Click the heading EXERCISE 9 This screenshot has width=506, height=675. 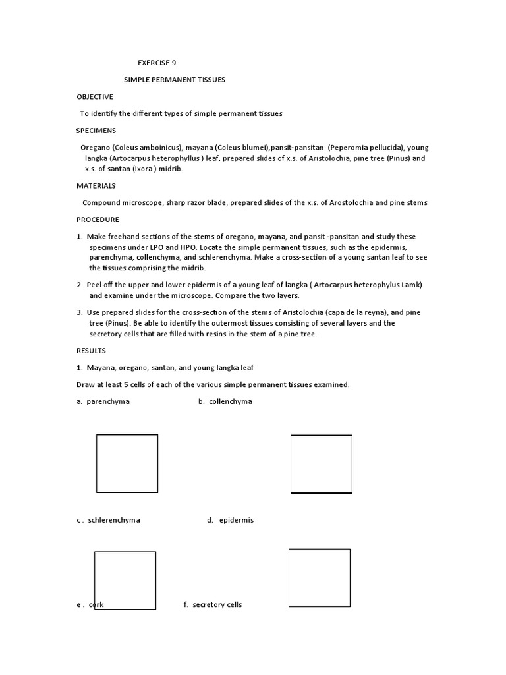[157, 63]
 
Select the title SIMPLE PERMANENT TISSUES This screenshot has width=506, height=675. [175, 80]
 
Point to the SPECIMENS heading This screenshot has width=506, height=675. [96, 131]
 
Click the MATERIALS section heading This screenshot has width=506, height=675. [96, 186]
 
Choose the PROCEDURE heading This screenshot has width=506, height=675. [98, 220]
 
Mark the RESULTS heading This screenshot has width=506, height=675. [91, 351]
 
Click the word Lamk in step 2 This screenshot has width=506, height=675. [410, 285]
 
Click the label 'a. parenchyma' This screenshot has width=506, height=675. [103, 401]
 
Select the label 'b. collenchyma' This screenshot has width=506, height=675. [225, 401]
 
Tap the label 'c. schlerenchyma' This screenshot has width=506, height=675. [108, 520]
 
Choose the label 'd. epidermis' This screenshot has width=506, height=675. [230, 520]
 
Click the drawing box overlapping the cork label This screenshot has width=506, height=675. [125, 580]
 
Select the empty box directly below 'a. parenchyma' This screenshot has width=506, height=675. [127, 464]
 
